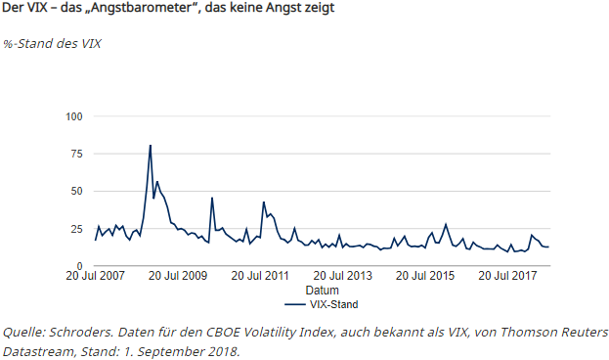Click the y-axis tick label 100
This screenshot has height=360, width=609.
(74, 116)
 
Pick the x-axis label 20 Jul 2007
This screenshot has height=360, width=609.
(96, 276)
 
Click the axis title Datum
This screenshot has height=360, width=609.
(322, 291)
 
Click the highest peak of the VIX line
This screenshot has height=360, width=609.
(150, 146)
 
